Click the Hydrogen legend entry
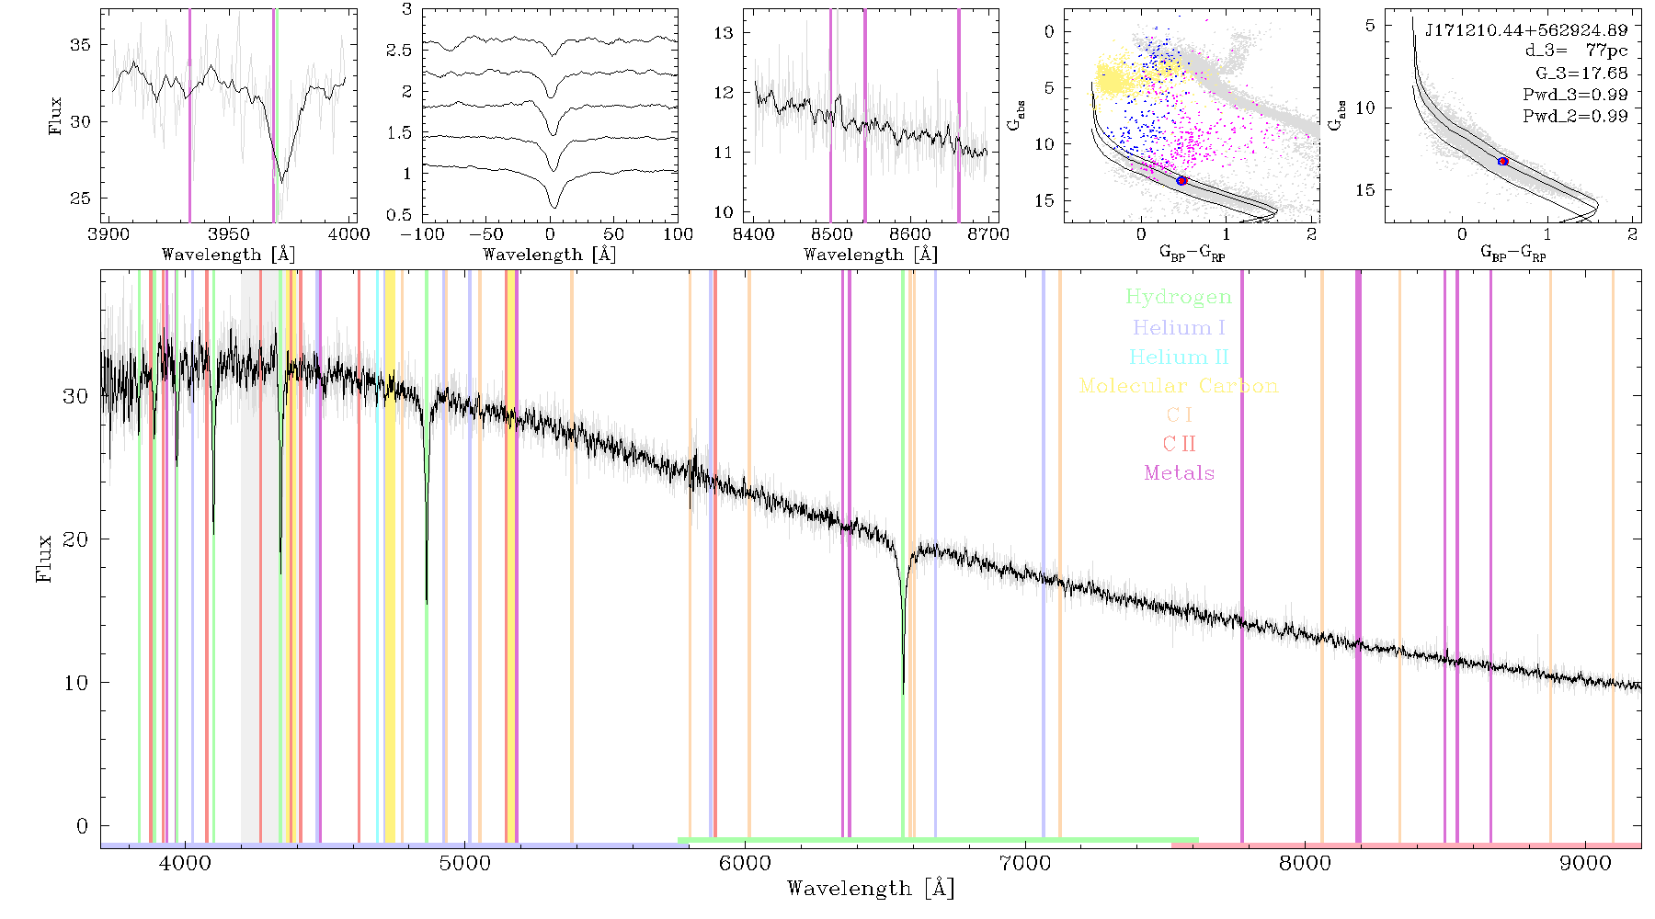1178,297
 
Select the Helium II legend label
1179,357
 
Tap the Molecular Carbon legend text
1179,386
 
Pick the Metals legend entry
1179,472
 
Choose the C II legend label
1179,444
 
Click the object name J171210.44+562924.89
1526,30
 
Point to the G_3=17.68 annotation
1574,74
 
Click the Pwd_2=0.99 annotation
1574,116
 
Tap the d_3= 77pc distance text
1576,51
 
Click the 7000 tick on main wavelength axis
1024,863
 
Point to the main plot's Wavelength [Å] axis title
871,888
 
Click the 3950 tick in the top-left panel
229,233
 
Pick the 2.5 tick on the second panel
399,50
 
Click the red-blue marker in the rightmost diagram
1503,162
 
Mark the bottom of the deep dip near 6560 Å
903,694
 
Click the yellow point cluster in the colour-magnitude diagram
1115,78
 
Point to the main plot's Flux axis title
43,558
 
